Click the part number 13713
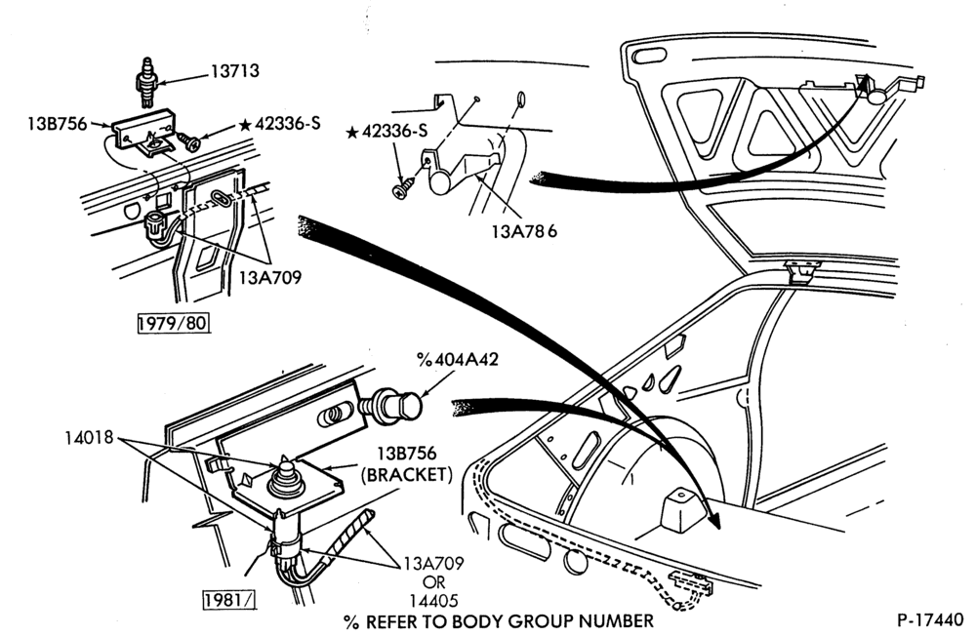[234, 71]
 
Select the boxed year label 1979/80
[173, 324]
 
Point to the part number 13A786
[524, 231]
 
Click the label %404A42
[458, 360]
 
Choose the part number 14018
[89, 437]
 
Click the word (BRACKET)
[407, 475]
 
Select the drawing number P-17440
[929, 620]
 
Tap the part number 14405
[433, 601]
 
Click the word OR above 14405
[434, 582]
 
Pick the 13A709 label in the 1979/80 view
[270, 277]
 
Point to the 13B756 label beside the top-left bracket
[57, 123]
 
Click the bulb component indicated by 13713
[147, 82]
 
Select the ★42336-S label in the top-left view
[279, 123]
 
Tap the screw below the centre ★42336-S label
[401, 186]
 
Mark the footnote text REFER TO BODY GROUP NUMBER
[509, 620]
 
